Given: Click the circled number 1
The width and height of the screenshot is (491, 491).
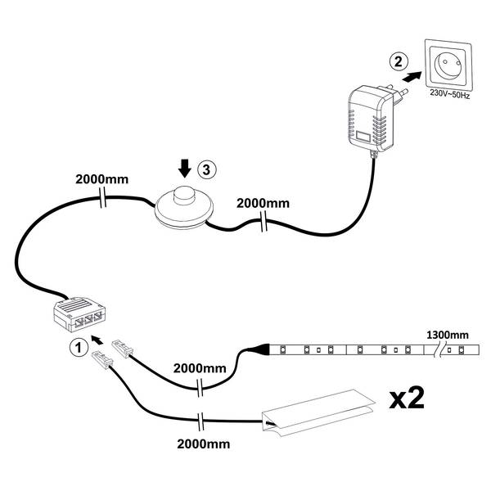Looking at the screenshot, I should (x=76, y=346).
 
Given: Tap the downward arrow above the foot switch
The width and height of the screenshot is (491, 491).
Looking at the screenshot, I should (x=186, y=169).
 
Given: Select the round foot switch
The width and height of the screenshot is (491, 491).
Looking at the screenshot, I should (x=184, y=205).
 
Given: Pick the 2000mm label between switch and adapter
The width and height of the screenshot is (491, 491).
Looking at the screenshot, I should (x=263, y=202).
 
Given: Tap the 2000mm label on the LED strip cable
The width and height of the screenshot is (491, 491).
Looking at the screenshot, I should (x=200, y=370).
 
